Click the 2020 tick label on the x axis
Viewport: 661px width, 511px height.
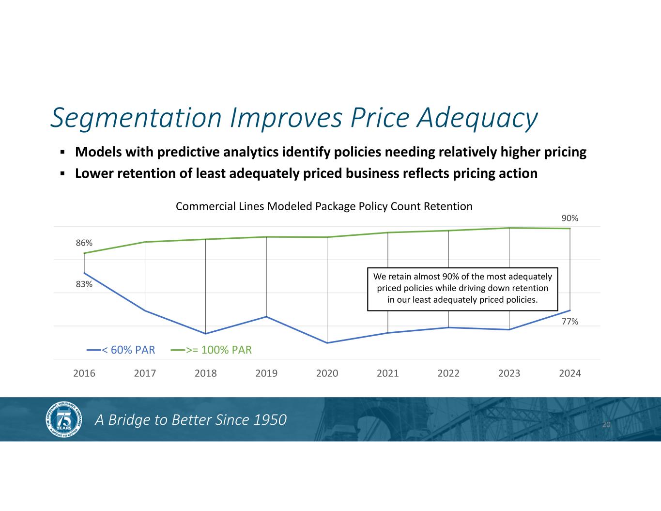coord(327,373)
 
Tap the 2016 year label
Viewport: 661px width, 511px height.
coord(84,373)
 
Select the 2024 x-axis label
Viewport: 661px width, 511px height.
coord(570,373)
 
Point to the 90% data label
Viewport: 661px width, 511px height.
coord(570,218)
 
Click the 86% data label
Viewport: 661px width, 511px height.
coord(84,243)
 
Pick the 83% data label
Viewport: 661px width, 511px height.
coord(84,284)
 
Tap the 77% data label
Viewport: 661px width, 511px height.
coord(570,322)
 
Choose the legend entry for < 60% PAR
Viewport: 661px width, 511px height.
coord(121,350)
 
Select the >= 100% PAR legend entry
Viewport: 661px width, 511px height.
coord(211,350)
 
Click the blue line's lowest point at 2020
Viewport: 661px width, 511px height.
coord(327,343)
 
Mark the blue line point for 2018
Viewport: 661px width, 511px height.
coord(206,334)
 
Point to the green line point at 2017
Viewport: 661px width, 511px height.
coord(145,242)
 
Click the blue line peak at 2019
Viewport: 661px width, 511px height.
coord(266,317)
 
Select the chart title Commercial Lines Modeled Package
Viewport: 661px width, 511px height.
coord(265,206)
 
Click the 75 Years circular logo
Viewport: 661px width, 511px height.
coord(64,419)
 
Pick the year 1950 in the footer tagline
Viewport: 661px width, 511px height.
coord(270,420)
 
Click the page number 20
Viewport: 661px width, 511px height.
coord(606,425)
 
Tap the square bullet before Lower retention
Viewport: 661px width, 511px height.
coord(62,174)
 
